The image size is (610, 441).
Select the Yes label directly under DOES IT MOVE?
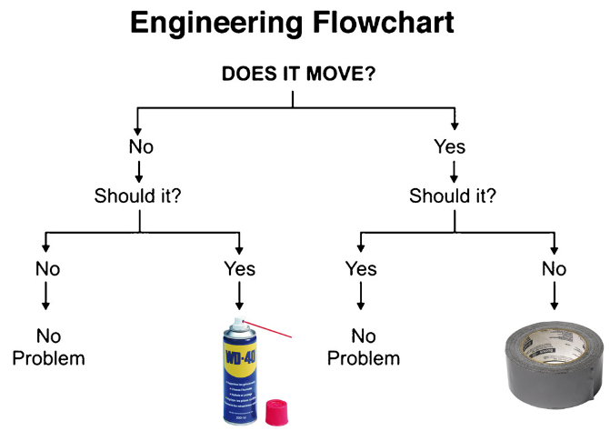point(450,147)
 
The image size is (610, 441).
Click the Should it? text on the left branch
point(138,195)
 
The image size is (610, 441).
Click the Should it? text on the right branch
point(453,195)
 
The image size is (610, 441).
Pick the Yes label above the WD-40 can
point(240,268)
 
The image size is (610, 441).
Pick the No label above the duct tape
point(554,268)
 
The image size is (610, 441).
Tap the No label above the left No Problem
point(47,268)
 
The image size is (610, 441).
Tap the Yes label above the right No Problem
point(361,268)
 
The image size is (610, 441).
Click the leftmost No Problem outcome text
point(48,346)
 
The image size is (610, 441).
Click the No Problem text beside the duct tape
point(363,346)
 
